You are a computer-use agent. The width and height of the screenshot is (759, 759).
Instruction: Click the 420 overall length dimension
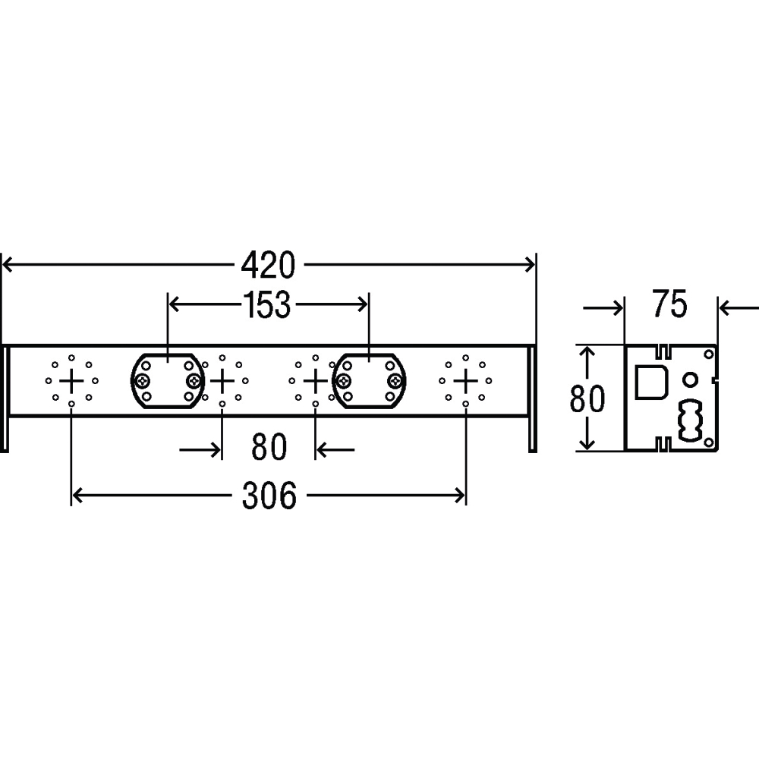coord(268,265)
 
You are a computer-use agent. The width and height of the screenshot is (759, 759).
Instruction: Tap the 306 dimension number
coord(269,496)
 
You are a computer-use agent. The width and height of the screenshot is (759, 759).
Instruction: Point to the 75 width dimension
coord(669,304)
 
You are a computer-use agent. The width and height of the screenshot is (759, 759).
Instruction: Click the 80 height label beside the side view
coord(587,399)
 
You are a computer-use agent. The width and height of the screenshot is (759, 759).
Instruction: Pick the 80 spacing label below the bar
coord(269,447)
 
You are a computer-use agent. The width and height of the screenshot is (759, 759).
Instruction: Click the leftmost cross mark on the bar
coord(71,381)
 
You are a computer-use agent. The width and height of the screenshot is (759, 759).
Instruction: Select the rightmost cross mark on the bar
coord(466,381)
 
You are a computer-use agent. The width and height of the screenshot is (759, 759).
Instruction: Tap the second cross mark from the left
coord(222,381)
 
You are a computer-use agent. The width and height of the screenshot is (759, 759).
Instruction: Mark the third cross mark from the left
coord(315,381)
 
